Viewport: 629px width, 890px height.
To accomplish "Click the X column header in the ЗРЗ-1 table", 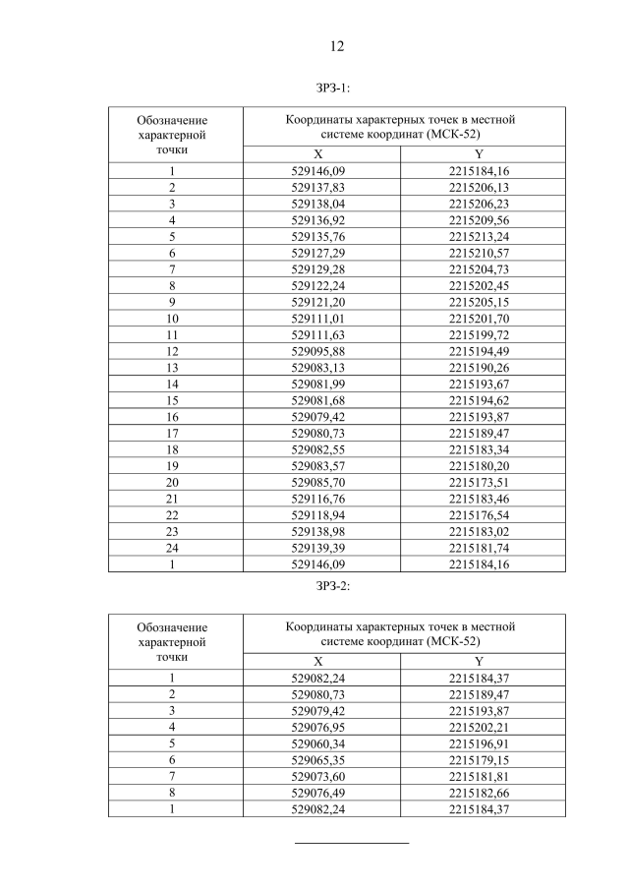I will coord(317,154).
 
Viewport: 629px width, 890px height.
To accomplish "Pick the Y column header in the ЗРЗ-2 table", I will coord(479,661).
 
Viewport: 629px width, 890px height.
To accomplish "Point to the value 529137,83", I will coord(318,187).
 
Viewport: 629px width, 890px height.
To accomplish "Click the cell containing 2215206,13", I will coord(479,187).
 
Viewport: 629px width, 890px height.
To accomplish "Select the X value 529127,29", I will coord(318,253).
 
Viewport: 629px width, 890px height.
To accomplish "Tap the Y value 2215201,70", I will coord(479,319).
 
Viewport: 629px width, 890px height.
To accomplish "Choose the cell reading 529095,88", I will coord(318,351).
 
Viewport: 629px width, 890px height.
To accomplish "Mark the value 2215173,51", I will coord(479,483).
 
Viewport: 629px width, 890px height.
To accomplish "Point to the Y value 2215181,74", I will coord(479,549).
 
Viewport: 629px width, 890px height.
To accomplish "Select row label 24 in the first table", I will coord(172,549).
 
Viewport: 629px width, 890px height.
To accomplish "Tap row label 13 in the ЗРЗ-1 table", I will coord(172,368).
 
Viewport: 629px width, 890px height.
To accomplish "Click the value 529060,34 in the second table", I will coord(318,743).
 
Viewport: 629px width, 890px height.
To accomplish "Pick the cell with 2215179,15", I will coord(479,760).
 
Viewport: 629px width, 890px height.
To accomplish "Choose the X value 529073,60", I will coord(318,777).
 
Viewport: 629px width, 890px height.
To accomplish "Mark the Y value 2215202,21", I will coord(479,728).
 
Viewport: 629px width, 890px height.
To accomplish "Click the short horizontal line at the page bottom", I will coord(352,843).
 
